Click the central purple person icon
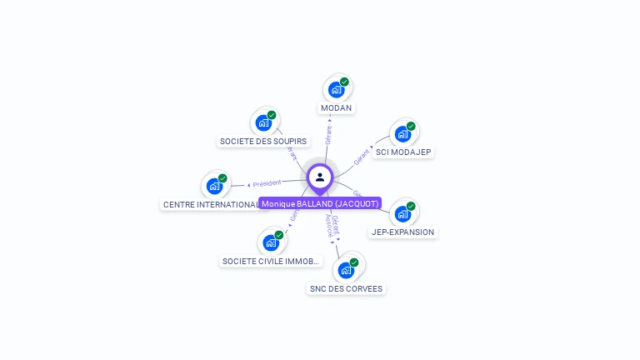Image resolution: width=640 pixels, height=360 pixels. [320, 177]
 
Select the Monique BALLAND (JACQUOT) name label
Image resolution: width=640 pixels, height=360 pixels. [320, 203]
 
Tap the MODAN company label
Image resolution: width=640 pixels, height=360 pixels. [337, 108]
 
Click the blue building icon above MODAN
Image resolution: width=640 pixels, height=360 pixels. [336, 89]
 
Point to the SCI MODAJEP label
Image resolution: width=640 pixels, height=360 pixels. [403, 152]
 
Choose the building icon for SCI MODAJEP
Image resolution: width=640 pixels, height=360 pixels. [402, 133]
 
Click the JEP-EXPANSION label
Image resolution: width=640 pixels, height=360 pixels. [402, 232]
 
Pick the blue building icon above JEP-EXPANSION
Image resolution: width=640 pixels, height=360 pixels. [402, 213]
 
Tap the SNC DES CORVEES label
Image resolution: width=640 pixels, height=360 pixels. [346, 289]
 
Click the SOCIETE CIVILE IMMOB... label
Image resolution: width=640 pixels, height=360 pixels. [271, 262]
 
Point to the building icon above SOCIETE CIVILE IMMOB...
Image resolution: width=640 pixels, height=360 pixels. [270, 242]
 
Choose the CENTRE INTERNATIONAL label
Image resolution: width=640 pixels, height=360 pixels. [211, 205]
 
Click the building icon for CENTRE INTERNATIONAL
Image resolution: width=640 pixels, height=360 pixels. [214, 186]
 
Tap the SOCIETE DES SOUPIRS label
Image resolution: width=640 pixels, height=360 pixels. [263, 142]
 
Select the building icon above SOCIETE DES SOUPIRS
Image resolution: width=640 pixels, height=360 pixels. [263, 122]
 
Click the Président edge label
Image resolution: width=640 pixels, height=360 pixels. [267, 182]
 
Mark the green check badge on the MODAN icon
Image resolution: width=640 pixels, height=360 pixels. [344, 82]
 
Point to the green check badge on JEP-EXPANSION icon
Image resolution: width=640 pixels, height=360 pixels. [411, 206]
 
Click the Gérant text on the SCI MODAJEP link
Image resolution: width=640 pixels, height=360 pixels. [362, 157]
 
